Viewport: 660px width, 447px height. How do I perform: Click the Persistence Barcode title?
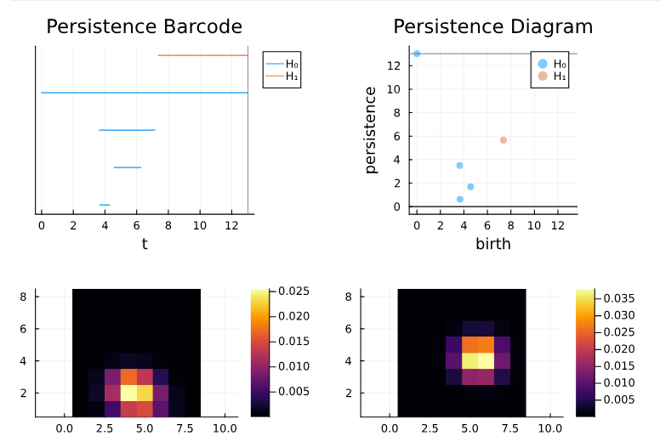(x=144, y=26)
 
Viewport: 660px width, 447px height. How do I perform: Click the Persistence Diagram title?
(x=492, y=26)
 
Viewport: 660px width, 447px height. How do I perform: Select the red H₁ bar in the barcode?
(x=202, y=55)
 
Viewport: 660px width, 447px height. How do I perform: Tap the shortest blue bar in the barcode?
(x=105, y=205)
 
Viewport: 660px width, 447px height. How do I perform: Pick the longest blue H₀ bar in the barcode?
(x=144, y=93)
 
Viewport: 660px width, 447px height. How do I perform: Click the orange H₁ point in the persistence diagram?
(x=504, y=140)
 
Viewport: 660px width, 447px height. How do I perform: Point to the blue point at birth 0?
(x=417, y=54)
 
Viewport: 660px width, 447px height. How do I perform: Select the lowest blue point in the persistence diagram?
(x=460, y=200)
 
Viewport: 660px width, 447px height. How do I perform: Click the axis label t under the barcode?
(x=144, y=244)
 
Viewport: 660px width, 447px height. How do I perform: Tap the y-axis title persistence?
(x=371, y=129)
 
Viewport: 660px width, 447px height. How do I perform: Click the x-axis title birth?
(x=492, y=244)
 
